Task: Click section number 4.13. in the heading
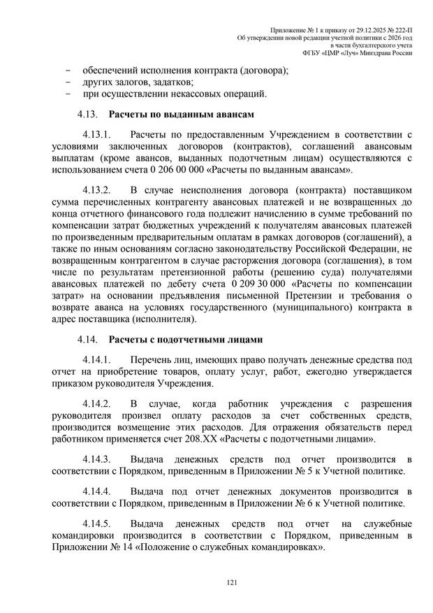tap(88, 113)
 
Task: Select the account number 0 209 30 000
tap(257, 284)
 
